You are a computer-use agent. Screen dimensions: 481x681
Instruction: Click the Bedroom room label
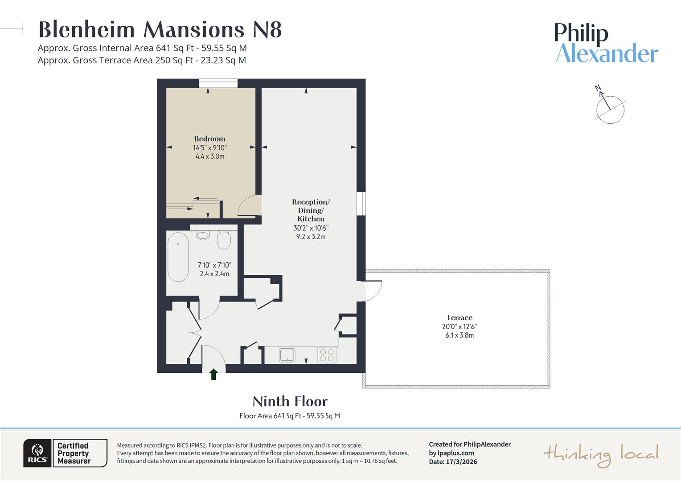[x=209, y=139]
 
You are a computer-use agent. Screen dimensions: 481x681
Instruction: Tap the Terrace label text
[x=459, y=318]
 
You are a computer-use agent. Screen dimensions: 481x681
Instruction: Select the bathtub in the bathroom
[x=178, y=257]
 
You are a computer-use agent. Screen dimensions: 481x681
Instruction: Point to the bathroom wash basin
[x=203, y=235]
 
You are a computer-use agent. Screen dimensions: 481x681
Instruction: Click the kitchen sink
[x=287, y=355]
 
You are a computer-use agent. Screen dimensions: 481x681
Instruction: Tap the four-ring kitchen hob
[x=327, y=355]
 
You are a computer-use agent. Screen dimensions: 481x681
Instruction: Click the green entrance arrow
[x=213, y=374]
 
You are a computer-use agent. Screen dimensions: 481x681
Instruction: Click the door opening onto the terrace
[x=373, y=290]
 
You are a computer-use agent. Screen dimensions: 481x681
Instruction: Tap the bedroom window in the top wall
[x=218, y=83]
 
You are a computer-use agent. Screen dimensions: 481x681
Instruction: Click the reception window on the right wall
[x=361, y=204]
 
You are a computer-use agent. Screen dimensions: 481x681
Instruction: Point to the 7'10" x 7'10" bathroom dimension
[x=214, y=265]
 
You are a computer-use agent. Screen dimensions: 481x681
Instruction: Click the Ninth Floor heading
[x=290, y=401]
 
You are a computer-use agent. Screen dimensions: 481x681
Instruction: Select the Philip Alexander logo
[x=606, y=43]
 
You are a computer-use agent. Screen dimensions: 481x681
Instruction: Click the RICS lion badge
[x=38, y=453]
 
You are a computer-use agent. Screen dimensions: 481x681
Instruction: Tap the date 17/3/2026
[x=461, y=462]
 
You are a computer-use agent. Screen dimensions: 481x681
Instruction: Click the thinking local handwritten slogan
[x=600, y=454]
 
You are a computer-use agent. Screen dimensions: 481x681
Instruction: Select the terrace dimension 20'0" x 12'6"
[x=459, y=326]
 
